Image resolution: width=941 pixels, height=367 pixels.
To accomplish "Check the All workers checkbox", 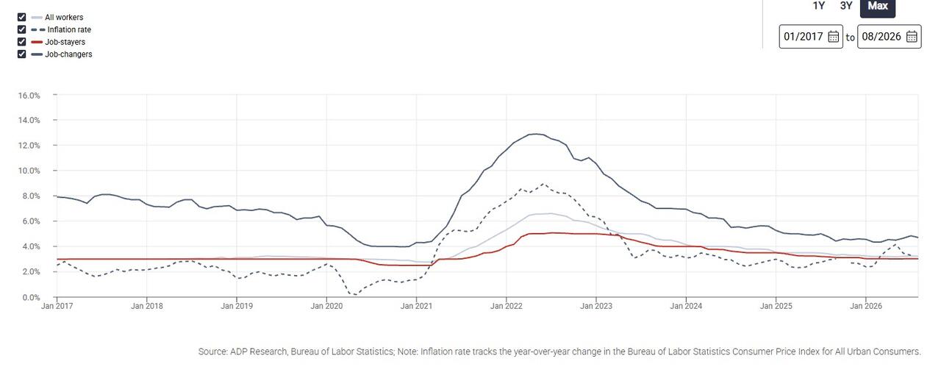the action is pyautogui.click(x=22, y=17).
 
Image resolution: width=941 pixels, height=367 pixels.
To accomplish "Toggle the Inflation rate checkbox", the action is pyautogui.click(x=22, y=29).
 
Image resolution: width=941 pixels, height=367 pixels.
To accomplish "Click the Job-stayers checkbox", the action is pyautogui.click(x=22, y=42).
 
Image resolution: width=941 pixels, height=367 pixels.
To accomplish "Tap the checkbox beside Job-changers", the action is pyautogui.click(x=22, y=54).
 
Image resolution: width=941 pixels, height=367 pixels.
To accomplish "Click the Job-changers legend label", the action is pyautogui.click(x=68, y=54).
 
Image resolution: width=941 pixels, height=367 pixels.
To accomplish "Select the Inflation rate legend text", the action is pyautogui.click(x=69, y=29).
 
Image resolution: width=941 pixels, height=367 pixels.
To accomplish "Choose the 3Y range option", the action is pyautogui.click(x=846, y=6).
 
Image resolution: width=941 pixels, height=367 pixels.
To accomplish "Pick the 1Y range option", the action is pyautogui.click(x=819, y=6).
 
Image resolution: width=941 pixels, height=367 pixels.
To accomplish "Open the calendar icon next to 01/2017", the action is pyautogui.click(x=834, y=37).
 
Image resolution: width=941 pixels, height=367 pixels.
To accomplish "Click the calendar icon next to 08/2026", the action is pyautogui.click(x=912, y=37).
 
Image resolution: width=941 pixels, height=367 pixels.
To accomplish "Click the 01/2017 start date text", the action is pyautogui.click(x=804, y=37).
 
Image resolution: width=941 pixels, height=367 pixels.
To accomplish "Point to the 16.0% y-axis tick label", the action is pyautogui.click(x=29, y=96).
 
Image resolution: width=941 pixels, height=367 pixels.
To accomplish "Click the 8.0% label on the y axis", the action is pyautogui.click(x=31, y=196).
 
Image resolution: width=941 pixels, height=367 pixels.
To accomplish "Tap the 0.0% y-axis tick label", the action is pyautogui.click(x=31, y=297).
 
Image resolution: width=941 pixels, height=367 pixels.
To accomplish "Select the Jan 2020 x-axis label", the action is pyautogui.click(x=326, y=306).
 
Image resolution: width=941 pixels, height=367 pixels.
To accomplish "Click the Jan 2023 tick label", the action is pyautogui.click(x=596, y=306).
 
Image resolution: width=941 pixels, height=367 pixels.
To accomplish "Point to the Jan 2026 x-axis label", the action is pyautogui.click(x=866, y=306).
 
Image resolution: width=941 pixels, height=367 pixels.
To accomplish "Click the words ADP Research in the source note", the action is pyautogui.click(x=258, y=352).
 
